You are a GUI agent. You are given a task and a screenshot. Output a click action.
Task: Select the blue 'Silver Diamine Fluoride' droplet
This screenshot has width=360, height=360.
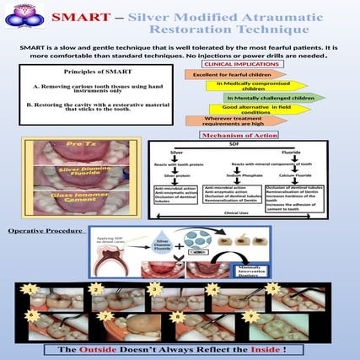[165, 244]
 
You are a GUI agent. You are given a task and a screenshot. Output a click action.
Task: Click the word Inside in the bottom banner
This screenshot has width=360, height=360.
[274, 348]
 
